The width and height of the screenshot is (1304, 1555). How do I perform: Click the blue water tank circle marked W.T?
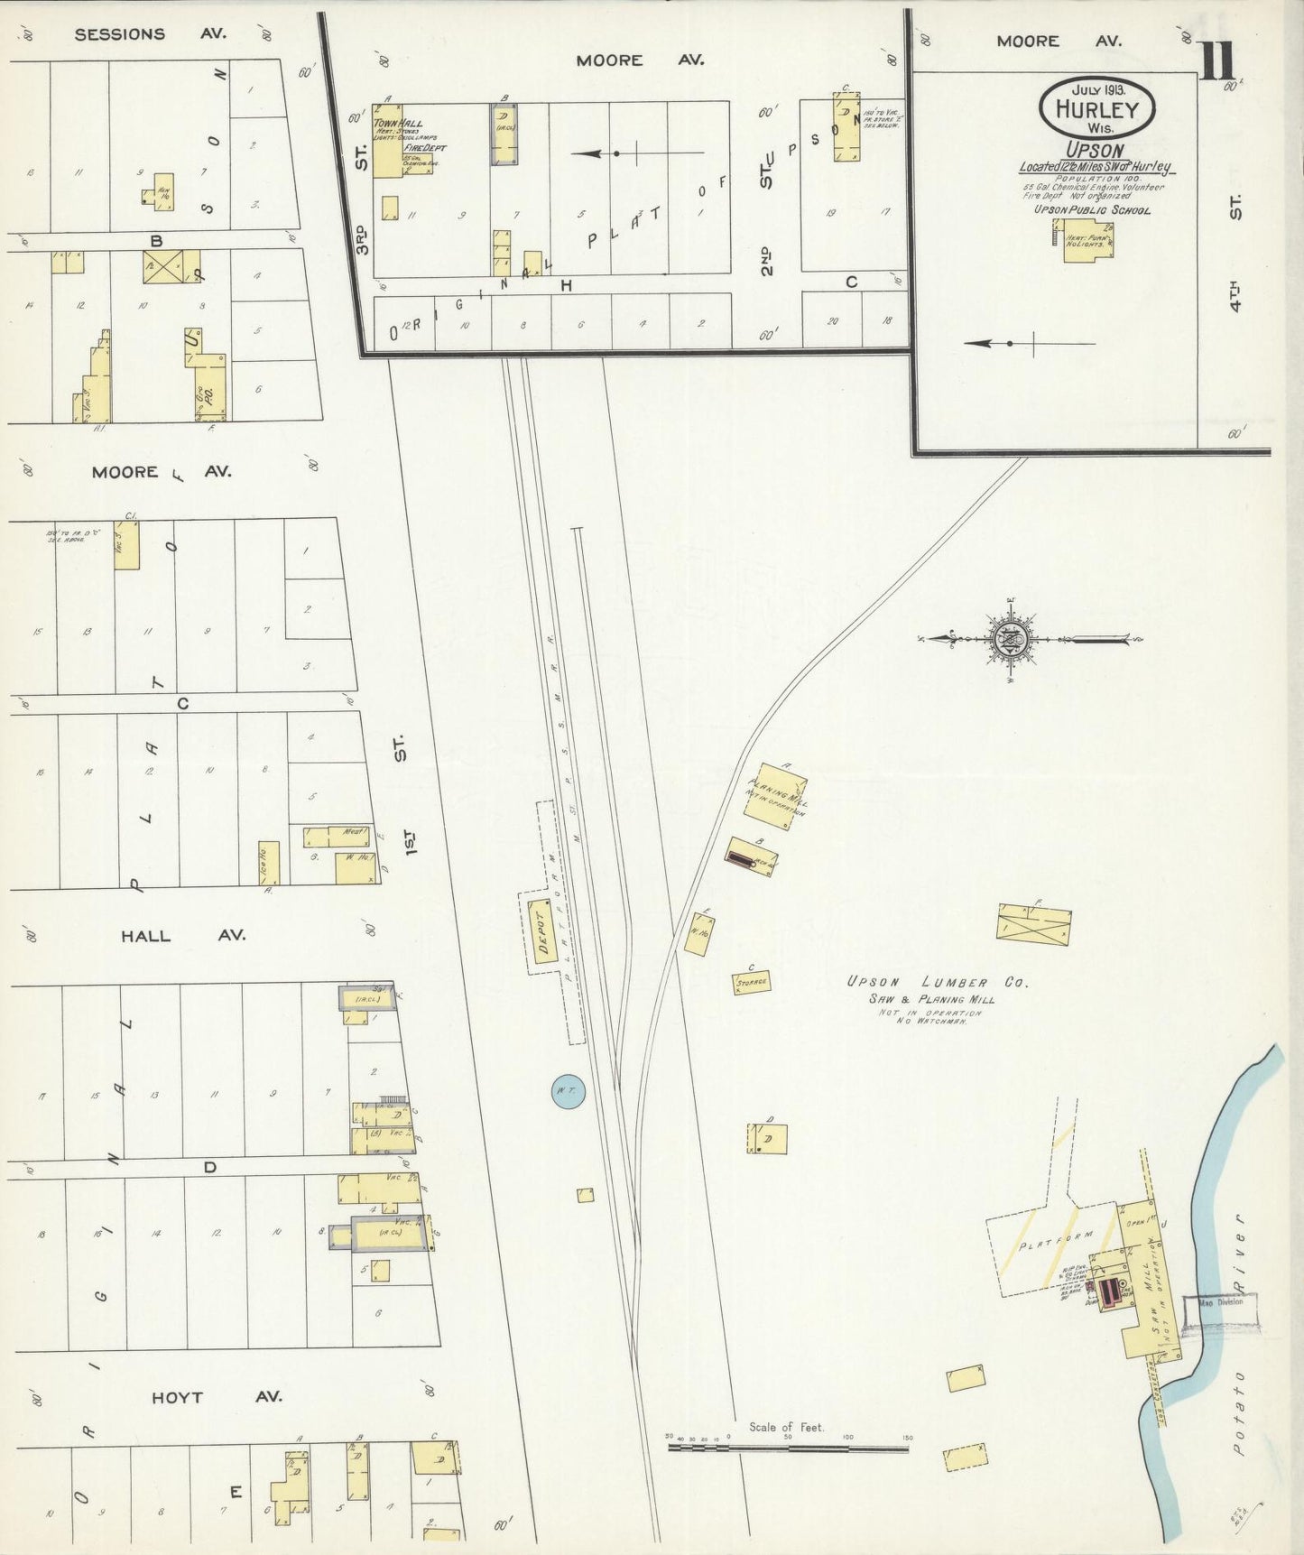click(x=568, y=1092)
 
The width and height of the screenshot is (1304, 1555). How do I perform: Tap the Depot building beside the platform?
click(x=542, y=930)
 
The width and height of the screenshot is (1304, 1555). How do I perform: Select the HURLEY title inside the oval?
click(x=1096, y=110)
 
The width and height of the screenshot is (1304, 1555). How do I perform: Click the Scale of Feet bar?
click(x=787, y=1448)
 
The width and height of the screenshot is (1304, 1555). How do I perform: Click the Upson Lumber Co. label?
click(x=937, y=982)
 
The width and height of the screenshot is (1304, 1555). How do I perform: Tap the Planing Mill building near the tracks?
click(x=775, y=797)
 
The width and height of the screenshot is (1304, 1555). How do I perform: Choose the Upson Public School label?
click(x=1092, y=210)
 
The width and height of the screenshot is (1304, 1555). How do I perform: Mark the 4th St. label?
click(x=1235, y=255)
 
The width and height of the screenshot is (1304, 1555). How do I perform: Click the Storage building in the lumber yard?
click(x=751, y=982)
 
